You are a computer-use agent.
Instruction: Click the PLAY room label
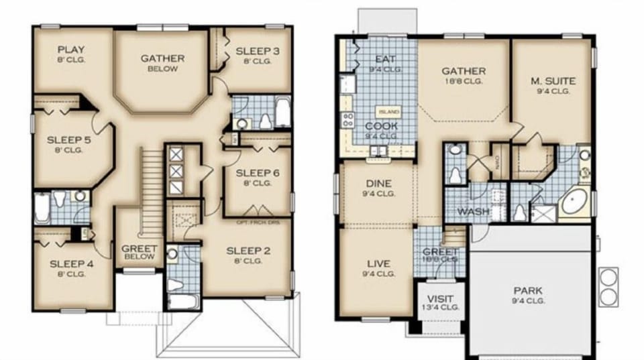coord(70,50)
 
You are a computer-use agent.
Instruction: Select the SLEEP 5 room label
coord(65,140)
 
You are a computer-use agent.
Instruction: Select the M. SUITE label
coord(553,81)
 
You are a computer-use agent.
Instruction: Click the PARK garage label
coord(528,291)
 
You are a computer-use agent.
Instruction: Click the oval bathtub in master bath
coord(574,202)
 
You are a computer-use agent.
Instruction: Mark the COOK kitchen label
coord(382,126)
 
